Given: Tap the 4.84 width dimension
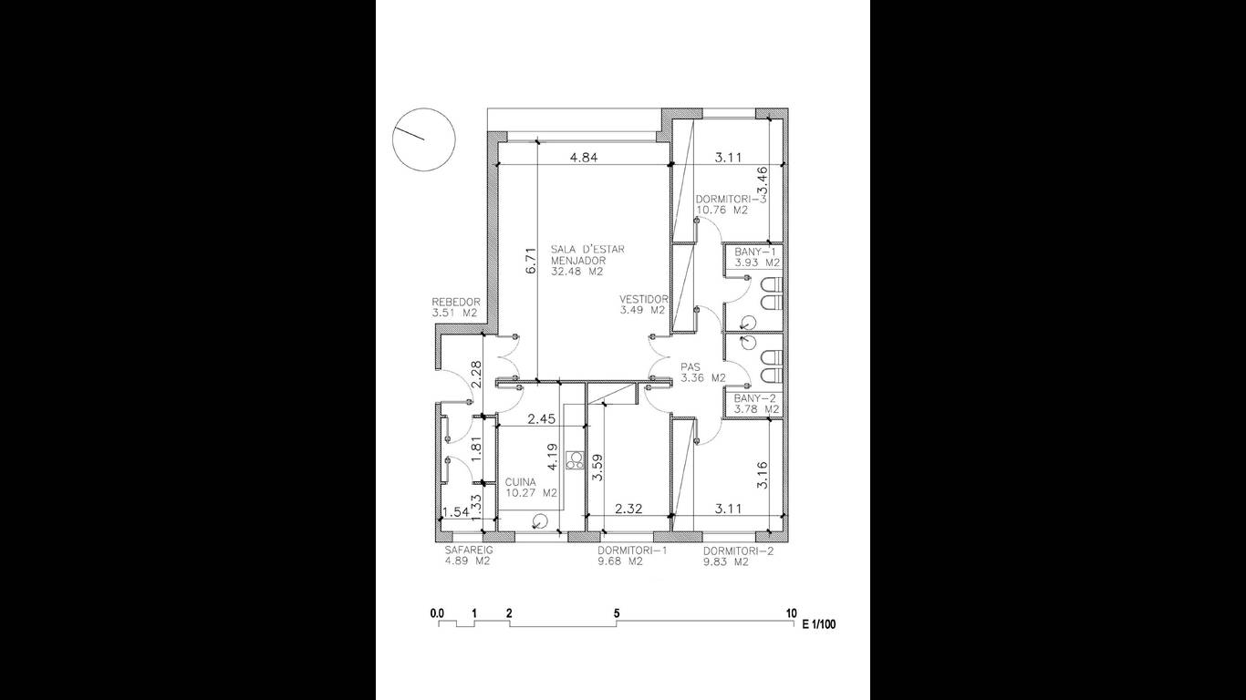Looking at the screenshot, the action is tap(584, 158).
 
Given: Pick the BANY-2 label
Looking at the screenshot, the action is tap(755, 398).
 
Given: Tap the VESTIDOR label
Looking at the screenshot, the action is tap(644, 299).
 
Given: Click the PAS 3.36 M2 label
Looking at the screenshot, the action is tap(703, 373).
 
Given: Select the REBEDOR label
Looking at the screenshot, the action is tap(456, 302).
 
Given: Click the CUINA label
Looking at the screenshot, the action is tap(521, 482).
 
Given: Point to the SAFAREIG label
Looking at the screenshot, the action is tap(469, 551).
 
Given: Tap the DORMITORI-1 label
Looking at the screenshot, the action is tap(632, 551).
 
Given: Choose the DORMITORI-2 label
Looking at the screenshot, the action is tap(739, 551).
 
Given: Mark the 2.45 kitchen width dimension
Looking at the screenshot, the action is tap(541, 418).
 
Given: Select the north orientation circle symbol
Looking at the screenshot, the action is tap(424, 139).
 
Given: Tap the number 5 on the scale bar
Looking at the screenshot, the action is tap(617, 613).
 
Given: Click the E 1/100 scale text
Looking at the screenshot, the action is tap(819, 624).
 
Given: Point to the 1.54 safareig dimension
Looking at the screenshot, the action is tap(455, 512).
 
